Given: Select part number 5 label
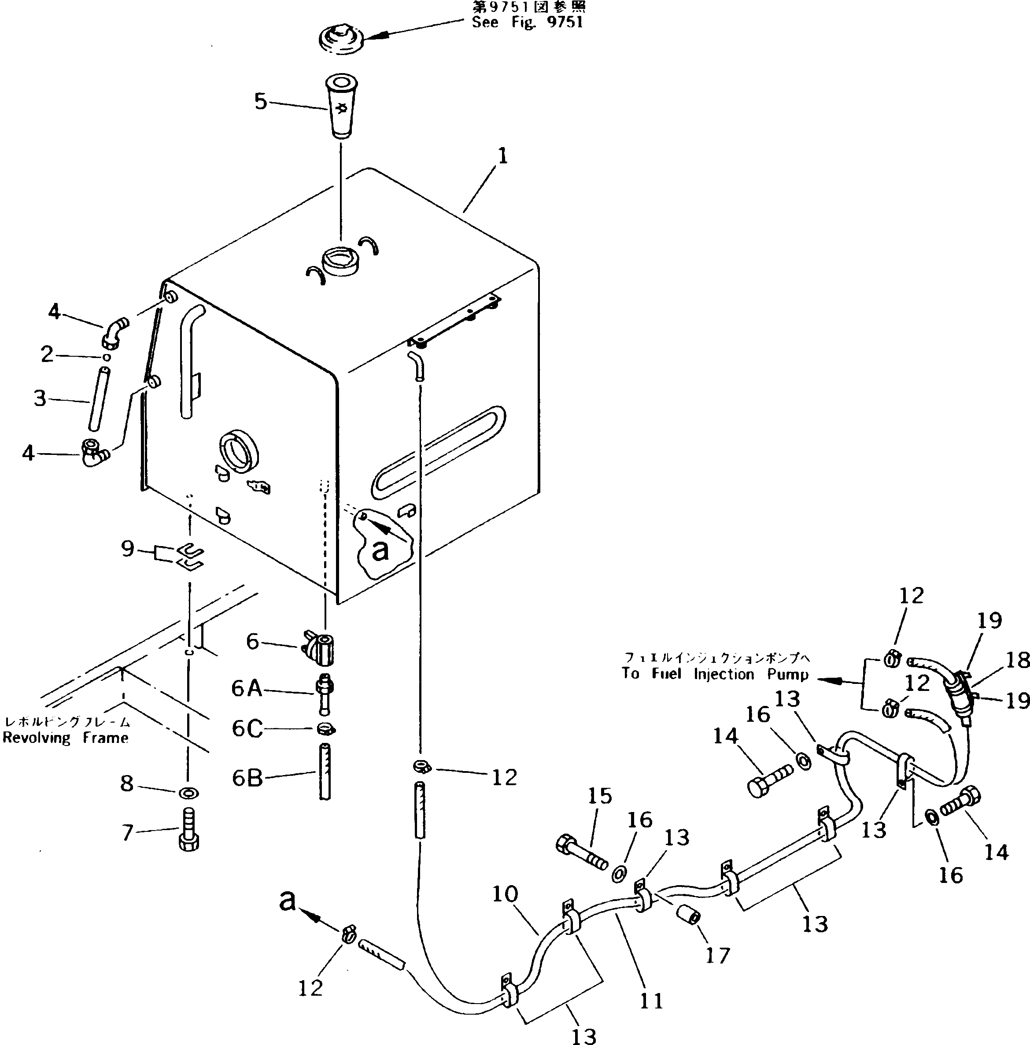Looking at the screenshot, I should (261, 101).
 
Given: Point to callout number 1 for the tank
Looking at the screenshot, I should (503, 157).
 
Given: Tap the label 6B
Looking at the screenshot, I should (247, 778).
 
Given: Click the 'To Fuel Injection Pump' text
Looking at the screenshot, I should (715, 674).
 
